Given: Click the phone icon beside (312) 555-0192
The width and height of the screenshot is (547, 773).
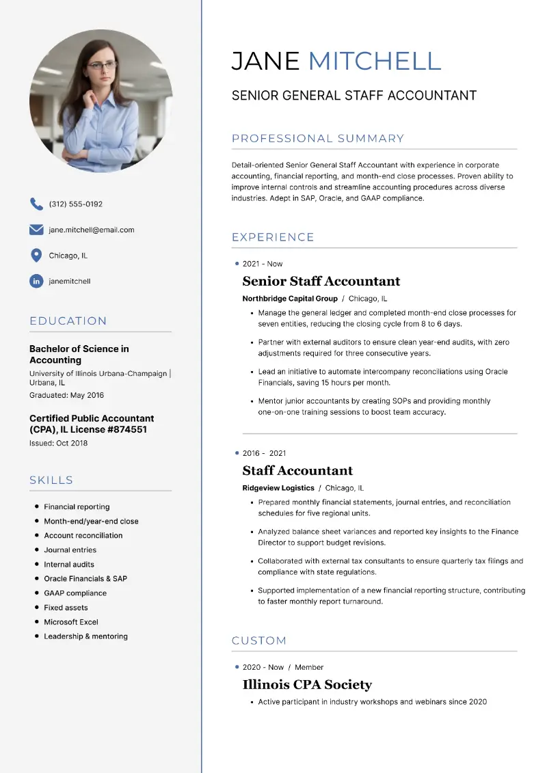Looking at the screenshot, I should click(x=36, y=204).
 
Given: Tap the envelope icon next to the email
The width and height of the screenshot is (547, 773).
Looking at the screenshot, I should click(x=36, y=230).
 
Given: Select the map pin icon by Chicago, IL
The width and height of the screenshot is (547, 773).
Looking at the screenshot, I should click(x=36, y=256).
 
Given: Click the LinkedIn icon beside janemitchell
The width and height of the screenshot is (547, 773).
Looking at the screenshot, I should click(x=36, y=281).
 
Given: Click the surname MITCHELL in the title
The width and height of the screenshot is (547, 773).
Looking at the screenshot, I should click(x=375, y=62).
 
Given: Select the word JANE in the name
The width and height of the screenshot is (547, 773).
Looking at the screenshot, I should click(x=265, y=62).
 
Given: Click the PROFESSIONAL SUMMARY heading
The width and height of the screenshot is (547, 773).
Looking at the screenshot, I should click(x=318, y=139).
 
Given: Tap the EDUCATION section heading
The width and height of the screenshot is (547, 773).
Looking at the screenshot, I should click(x=68, y=321).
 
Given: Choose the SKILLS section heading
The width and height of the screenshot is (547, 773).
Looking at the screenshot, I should click(x=51, y=480).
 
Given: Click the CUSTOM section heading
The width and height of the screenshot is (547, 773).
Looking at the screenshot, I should click(x=259, y=641).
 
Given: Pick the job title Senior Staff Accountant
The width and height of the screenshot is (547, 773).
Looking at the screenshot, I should click(x=321, y=281).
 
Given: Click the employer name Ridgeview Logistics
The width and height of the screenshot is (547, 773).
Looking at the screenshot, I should click(x=278, y=488).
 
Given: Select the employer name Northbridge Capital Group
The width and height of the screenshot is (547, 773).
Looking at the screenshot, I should click(x=290, y=299).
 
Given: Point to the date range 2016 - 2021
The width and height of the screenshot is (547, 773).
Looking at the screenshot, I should click(x=265, y=453).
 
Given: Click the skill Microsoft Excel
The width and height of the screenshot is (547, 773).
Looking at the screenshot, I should click(x=71, y=622).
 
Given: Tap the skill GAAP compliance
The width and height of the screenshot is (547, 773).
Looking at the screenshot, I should click(x=75, y=593).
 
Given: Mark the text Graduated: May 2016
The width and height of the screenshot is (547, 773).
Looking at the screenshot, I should click(x=67, y=395).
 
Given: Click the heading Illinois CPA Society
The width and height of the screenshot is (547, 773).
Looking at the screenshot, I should click(x=307, y=685).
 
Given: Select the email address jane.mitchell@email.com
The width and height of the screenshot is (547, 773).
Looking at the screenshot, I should click(x=92, y=230).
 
